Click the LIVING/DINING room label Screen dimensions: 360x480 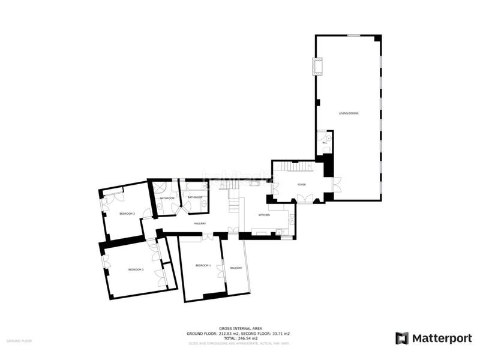click(x=348, y=113)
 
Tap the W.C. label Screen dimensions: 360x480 click(x=324, y=143)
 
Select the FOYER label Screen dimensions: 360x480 click(x=301, y=185)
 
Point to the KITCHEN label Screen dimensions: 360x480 click(x=265, y=215)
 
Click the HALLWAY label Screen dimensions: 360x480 click(x=200, y=223)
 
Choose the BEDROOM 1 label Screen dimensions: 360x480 click(x=203, y=265)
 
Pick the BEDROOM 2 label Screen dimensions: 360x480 click(x=136, y=269)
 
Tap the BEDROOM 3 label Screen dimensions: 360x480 click(x=127, y=214)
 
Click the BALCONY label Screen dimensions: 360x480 click(x=235, y=268)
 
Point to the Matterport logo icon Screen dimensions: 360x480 click(x=402, y=338)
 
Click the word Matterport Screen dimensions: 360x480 click(x=442, y=338)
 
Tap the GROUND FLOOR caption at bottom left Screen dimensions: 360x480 click(x=19, y=340)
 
